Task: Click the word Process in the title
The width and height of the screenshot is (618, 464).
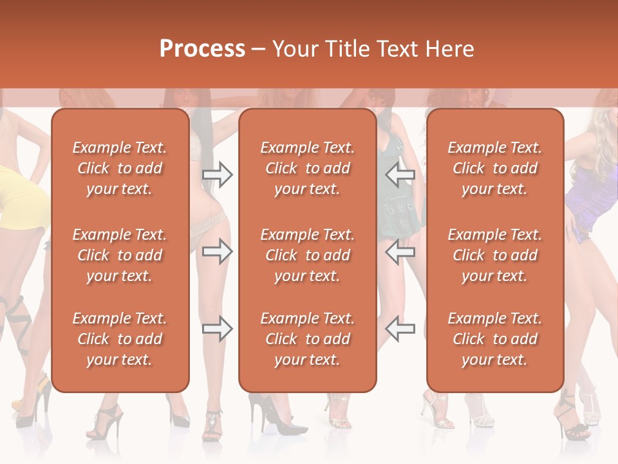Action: pyautogui.click(x=201, y=48)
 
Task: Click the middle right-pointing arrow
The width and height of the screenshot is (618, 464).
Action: pyautogui.click(x=218, y=251)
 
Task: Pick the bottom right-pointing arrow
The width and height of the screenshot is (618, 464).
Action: pyautogui.click(x=218, y=329)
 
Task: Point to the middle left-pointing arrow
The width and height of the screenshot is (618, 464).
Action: pyautogui.click(x=400, y=251)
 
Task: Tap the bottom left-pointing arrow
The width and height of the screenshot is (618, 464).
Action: pyautogui.click(x=400, y=329)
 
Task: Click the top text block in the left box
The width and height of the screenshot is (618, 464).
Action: pyautogui.click(x=120, y=168)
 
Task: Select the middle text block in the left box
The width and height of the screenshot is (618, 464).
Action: pyautogui.click(x=120, y=255)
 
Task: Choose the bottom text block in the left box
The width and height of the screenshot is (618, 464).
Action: pyautogui.click(x=120, y=339)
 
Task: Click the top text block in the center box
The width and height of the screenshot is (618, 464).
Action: pyautogui.click(x=307, y=168)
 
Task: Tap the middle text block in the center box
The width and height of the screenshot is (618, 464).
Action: pyautogui.click(x=307, y=255)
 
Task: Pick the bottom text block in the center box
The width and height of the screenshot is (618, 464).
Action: pyautogui.click(x=307, y=339)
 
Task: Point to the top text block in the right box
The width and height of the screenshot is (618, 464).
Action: pyautogui.click(x=494, y=168)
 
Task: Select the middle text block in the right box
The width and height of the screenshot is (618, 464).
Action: pyautogui.click(x=494, y=255)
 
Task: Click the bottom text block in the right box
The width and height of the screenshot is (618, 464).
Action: pyautogui.click(x=494, y=339)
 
